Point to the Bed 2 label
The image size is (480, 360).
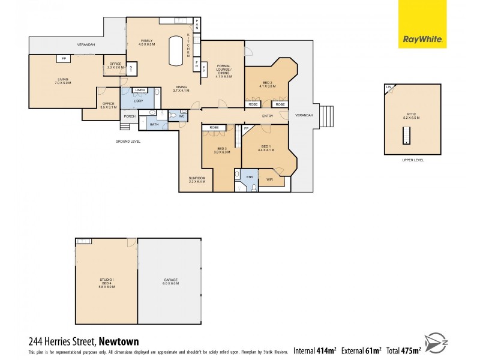pos(268,84)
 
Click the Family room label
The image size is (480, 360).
pos(146,43)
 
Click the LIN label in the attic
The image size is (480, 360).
pos(389,88)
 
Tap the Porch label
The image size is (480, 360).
pos(129,116)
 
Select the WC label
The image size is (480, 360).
pos(181,116)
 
